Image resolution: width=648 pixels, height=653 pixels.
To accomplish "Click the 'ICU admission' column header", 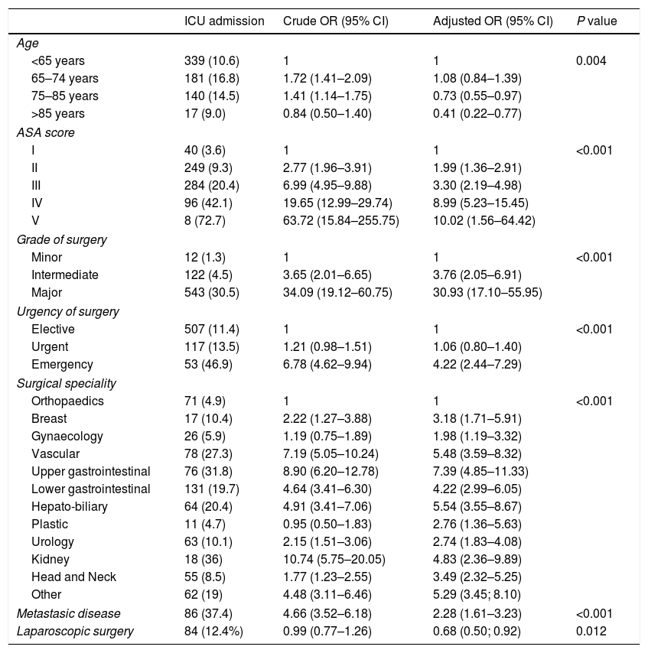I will pos(224,21).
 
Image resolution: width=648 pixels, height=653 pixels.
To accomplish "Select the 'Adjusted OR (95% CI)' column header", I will pos(492,21).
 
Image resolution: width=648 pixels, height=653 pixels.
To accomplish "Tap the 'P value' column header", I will pos(597,21).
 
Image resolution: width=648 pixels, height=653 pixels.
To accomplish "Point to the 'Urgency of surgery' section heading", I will pos(65,312).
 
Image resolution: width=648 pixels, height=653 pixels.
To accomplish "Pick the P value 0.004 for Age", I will pos(591,60).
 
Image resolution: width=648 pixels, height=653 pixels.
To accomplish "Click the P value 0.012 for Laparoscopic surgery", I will pos(591,632).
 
